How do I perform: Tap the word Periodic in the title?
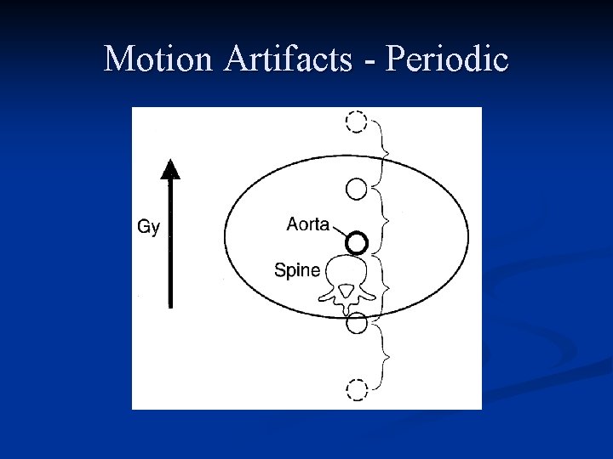[447, 59]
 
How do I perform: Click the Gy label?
[148, 228]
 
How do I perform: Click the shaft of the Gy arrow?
[171, 246]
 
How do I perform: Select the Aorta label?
[307, 224]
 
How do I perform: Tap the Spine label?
[297, 270]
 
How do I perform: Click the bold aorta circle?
[357, 243]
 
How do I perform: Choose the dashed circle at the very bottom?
[356, 390]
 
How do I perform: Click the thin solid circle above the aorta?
[358, 187]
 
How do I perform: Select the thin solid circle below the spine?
[358, 323]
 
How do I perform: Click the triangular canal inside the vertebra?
[347, 292]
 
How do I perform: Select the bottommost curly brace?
[385, 357]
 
